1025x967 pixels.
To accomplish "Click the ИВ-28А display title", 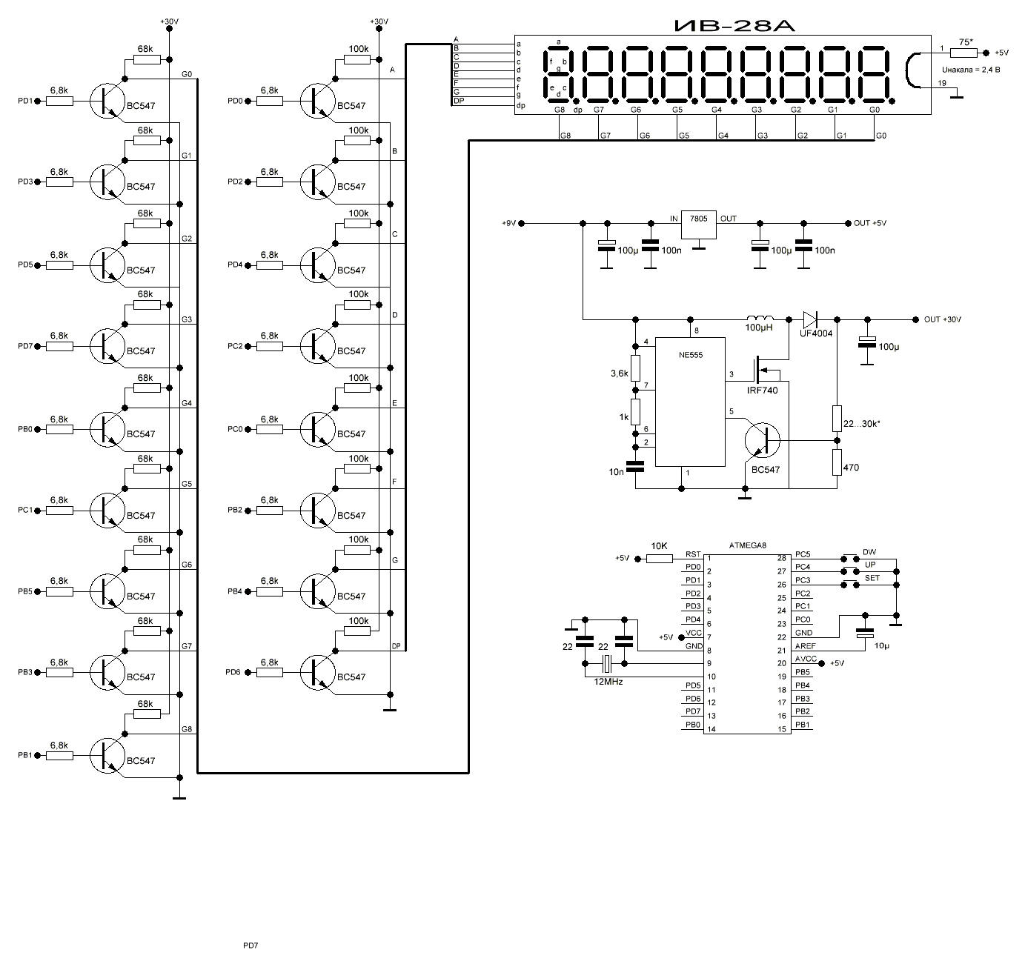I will click(x=734, y=27).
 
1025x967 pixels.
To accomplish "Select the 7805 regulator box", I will click(x=699, y=223).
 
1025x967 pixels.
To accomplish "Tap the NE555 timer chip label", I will click(x=689, y=355).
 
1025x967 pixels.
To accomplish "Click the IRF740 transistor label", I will click(x=763, y=390).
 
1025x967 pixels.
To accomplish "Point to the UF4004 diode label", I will click(x=817, y=334).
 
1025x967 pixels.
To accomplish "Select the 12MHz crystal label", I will click(x=607, y=680).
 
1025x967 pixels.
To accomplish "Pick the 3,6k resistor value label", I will click(x=619, y=373).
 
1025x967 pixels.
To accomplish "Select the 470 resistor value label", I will click(x=851, y=468).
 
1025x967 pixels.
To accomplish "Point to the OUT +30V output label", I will click(x=942, y=319).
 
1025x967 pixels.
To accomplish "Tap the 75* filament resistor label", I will click(x=966, y=43).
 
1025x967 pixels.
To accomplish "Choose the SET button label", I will click(x=872, y=578).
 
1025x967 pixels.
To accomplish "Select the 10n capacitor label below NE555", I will click(x=617, y=472).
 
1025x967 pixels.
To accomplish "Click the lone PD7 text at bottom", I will click(x=251, y=946).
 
